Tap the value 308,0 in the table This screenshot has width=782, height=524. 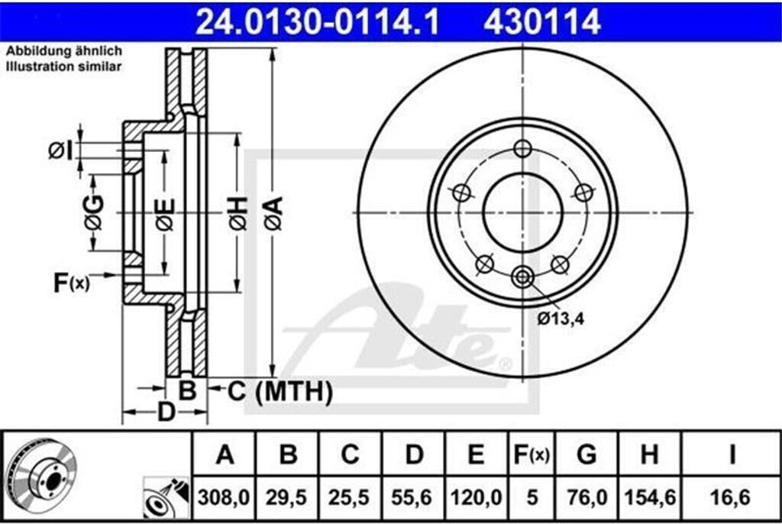click(225, 498)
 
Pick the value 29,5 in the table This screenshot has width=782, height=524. click(288, 498)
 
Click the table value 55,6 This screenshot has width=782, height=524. click(414, 498)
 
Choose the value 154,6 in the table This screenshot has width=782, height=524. click(649, 498)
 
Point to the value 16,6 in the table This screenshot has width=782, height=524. click(731, 498)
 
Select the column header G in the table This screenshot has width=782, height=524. click(586, 456)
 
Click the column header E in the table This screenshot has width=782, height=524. click(476, 456)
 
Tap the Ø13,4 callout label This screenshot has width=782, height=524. click(560, 319)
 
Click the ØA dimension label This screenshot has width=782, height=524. click(274, 213)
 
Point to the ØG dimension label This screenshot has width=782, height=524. click(93, 213)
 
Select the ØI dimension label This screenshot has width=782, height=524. click(60, 150)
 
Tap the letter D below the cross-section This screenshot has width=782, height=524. click(166, 412)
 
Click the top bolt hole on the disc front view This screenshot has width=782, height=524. click(522, 148)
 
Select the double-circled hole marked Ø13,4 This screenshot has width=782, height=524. click(522, 277)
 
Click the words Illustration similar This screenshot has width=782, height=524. click(64, 67)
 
